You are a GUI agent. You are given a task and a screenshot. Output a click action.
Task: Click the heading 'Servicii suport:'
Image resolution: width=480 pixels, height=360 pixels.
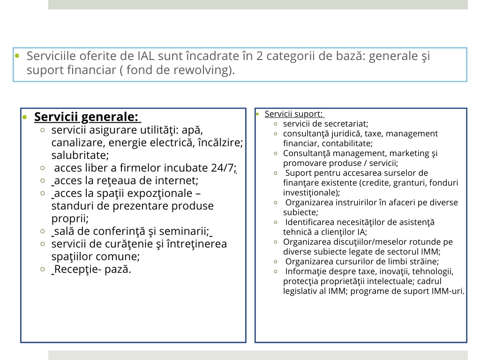(x=293, y=114)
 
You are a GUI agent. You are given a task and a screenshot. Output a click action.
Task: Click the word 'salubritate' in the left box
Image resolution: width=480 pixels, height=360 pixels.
(x=79, y=155)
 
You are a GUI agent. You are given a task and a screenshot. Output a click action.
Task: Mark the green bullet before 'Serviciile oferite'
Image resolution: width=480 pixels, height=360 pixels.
(x=17, y=57)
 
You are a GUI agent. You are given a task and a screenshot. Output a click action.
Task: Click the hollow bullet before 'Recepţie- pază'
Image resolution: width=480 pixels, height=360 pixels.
(x=43, y=270)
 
